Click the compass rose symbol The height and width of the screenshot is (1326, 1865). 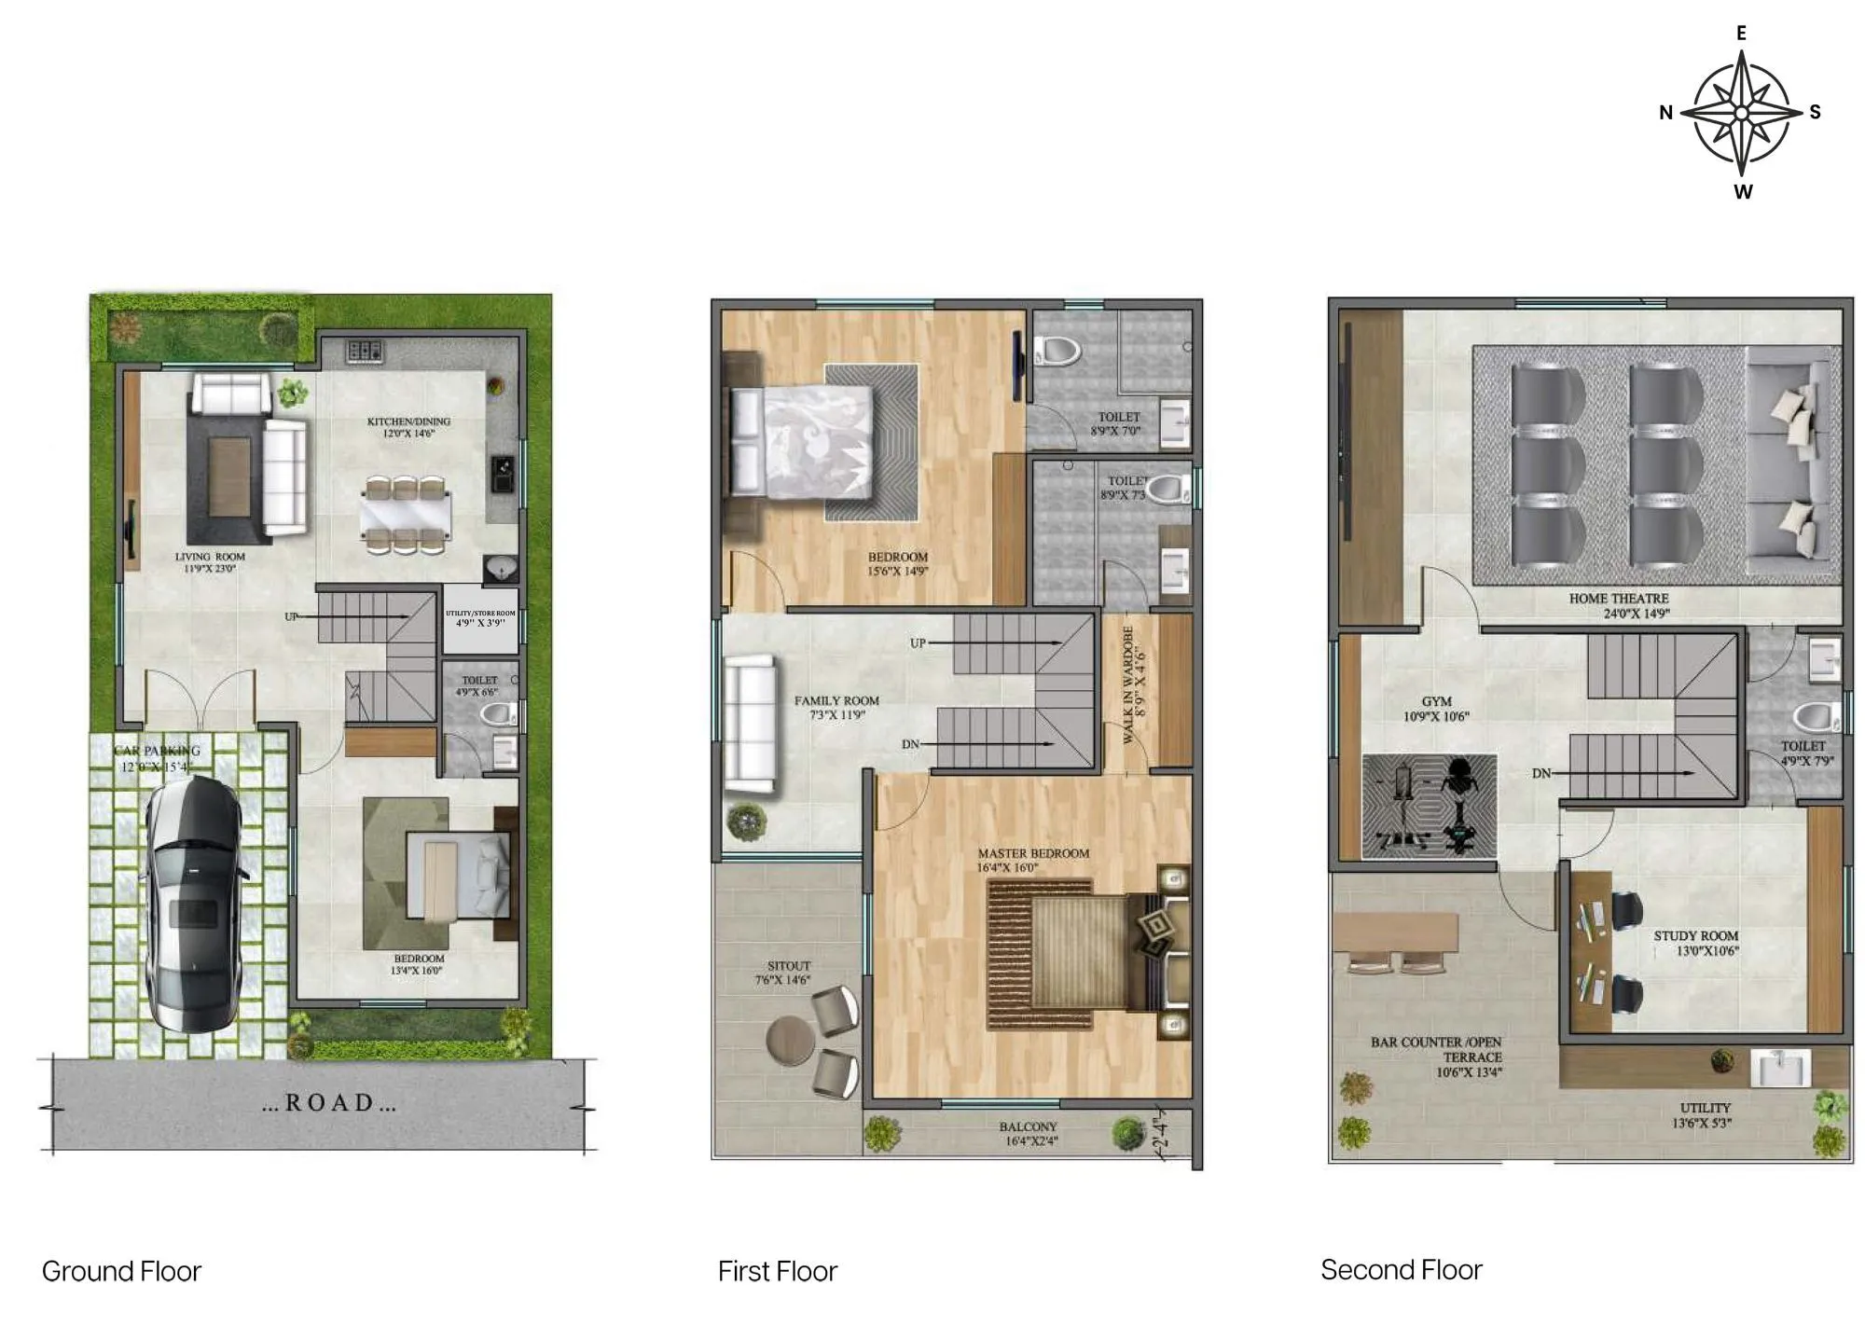click(x=1741, y=113)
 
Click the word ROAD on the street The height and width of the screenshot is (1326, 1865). click(x=329, y=1103)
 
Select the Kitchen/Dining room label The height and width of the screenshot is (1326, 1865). click(x=408, y=427)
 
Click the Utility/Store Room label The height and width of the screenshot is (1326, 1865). click(x=480, y=618)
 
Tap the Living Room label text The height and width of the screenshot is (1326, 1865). click(x=210, y=561)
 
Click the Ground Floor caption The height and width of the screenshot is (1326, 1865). click(x=121, y=1271)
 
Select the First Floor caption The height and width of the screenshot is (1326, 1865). click(x=778, y=1271)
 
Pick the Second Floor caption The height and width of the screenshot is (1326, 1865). click(x=1401, y=1269)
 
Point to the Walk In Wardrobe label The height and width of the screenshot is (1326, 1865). click(x=1133, y=684)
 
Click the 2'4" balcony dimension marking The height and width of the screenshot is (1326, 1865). click(x=1160, y=1131)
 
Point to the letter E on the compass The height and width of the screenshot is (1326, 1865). click(x=1741, y=34)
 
